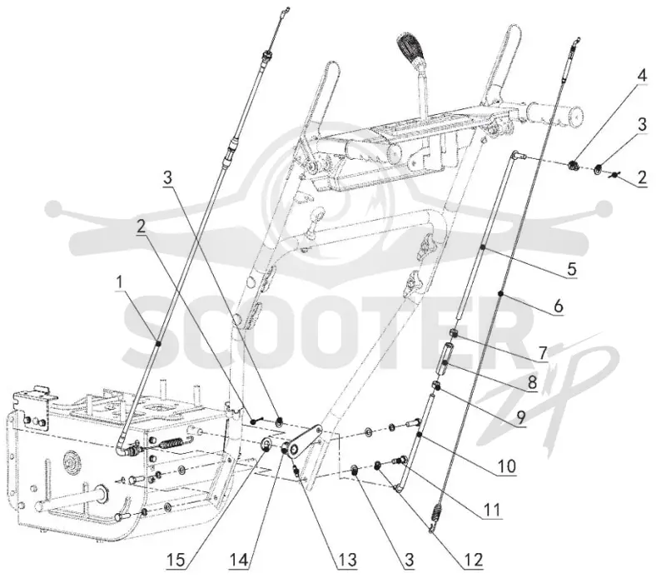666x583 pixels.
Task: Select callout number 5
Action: (x=572, y=269)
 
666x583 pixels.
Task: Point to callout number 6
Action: (x=559, y=305)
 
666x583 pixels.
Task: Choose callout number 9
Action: (x=521, y=417)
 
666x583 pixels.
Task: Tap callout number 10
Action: (x=507, y=466)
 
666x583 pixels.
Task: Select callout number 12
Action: (x=473, y=560)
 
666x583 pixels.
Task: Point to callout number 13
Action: (x=346, y=560)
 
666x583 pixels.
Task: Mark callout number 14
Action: (x=239, y=560)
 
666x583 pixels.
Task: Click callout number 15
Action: (x=176, y=560)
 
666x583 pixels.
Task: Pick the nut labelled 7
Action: (x=454, y=332)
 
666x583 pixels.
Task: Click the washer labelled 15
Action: (x=267, y=446)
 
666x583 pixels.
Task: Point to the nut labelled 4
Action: (x=574, y=165)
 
